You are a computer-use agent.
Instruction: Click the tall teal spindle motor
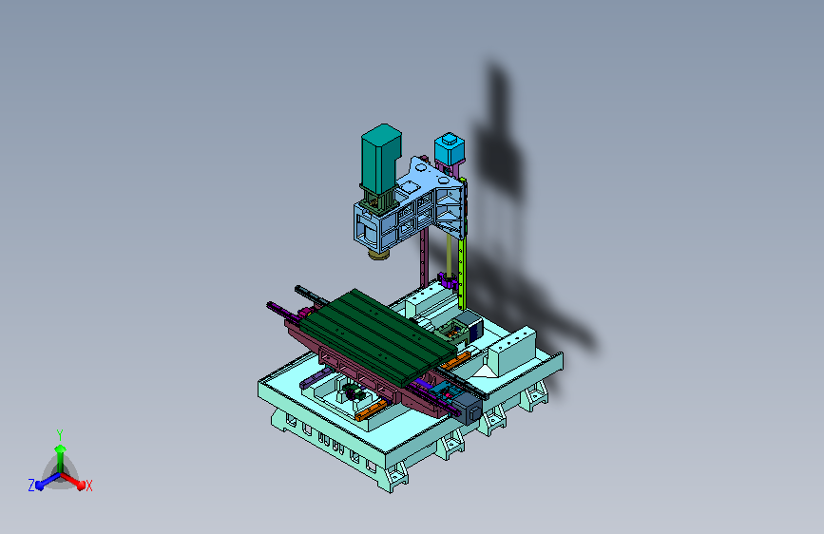(x=380, y=158)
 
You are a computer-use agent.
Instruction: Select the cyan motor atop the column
(x=450, y=147)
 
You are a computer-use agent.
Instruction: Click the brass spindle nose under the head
(x=379, y=255)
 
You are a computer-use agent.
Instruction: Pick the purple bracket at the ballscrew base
(x=448, y=280)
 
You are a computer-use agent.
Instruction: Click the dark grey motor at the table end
(x=468, y=408)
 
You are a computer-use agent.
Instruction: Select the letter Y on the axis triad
(x=59, y=435)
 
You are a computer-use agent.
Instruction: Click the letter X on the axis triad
(x=88, y=486)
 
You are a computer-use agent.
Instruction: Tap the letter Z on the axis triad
(x=31, y=486)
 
